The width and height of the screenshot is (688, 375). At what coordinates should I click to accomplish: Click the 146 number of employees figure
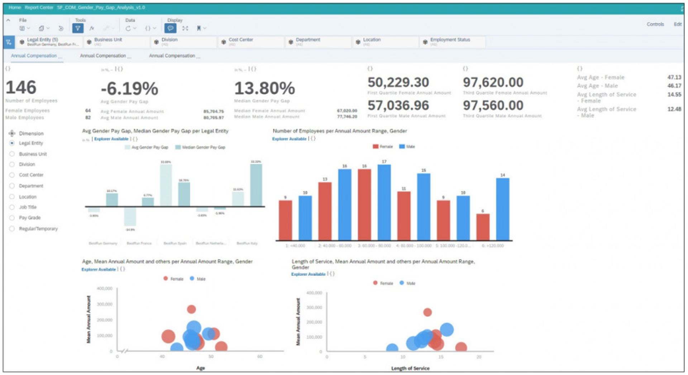point(21,88)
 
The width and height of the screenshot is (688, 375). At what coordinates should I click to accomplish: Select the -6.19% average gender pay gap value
point(129,89)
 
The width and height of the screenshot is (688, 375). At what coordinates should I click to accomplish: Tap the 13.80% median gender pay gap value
point(264,88)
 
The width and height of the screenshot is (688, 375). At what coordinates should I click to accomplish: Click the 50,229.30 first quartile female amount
point(398,83)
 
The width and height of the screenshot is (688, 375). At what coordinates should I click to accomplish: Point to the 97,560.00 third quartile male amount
point(493,106)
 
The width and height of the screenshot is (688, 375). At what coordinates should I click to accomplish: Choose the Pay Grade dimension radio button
point(12,218)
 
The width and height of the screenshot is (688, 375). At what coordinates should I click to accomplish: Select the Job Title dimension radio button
point(12,207)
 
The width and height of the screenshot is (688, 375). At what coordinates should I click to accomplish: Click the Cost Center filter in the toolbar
point(240,40)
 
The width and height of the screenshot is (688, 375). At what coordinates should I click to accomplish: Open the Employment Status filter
point(450,40)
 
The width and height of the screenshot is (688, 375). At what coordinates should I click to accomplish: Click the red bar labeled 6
point(483,227)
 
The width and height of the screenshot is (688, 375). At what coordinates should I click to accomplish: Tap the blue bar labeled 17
point(384,202)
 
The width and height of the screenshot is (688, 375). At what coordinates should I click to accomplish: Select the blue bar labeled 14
point(502,209)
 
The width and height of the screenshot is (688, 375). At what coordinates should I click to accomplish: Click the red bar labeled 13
point(325,211)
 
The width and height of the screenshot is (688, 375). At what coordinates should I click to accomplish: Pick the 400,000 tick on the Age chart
point(105,288)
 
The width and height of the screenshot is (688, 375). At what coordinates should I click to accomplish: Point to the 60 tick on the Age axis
point(260,356)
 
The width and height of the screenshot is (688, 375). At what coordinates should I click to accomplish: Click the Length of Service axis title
point(410,368)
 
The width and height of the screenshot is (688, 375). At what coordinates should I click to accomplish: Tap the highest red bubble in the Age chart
point(191,309)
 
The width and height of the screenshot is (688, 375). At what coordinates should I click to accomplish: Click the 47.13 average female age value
point(674,77)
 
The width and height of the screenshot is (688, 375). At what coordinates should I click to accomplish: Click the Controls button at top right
point(655,24)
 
